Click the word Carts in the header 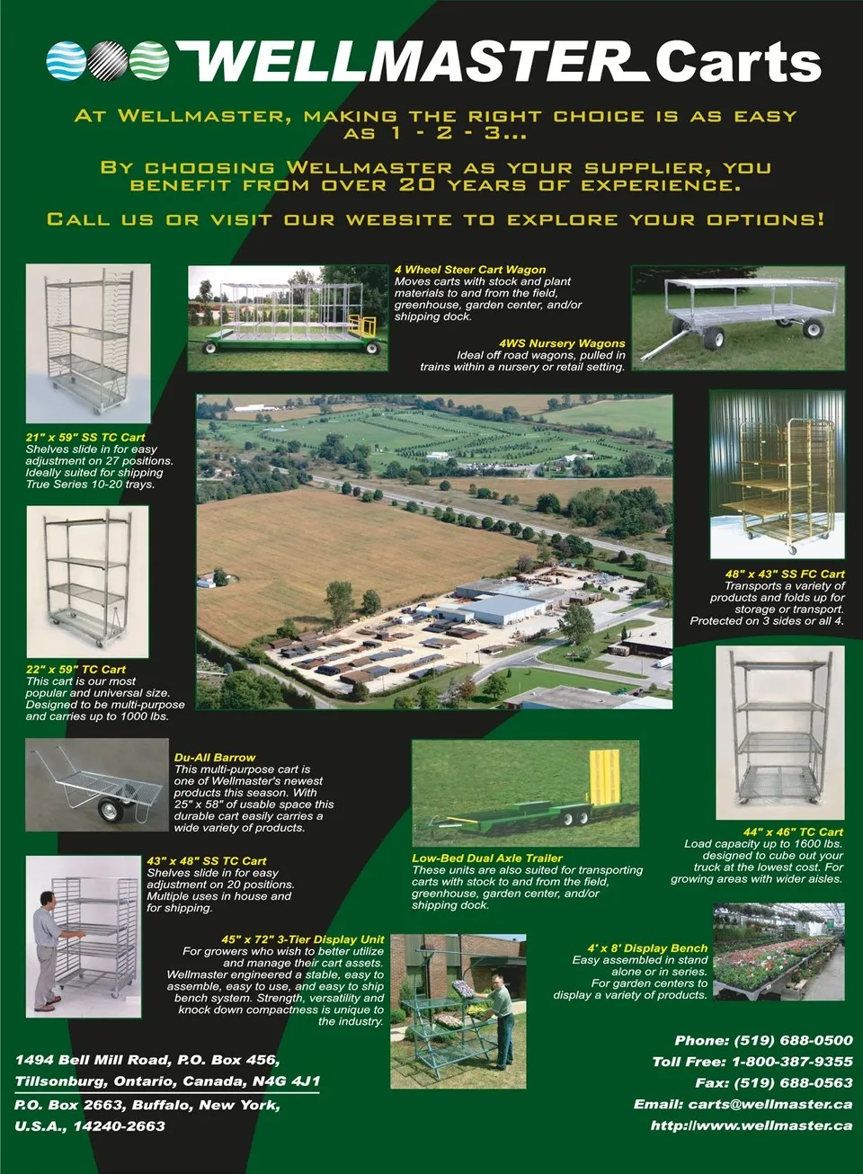[x=737, y=62]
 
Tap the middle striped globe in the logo [x=108, y=60]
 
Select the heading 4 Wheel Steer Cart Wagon [x=470, y=270]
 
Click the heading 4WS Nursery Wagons [x=562, y=343]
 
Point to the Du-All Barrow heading [x=215, y=758]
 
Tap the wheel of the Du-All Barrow [x=111, y=811]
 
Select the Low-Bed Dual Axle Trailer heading [x=487, y=858]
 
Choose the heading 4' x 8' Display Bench [x=647, y=948]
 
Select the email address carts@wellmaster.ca [x=770, y=1104]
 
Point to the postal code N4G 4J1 [x=286, y=1081]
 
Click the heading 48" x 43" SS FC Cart [x=785, y=574]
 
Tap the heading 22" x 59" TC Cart [x=76, y=670]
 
